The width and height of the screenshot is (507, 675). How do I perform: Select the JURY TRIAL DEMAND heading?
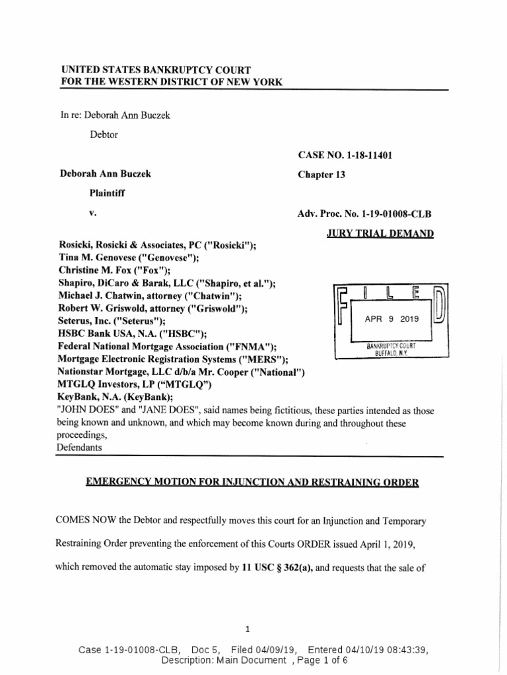pos(380,233)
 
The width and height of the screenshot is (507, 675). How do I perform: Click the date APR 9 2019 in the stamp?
pos(392,318)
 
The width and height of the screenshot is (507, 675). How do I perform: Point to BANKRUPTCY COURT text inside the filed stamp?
pos(392,346)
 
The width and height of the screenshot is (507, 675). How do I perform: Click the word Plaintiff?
pos(108,194)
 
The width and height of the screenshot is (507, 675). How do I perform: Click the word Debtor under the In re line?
pos(104,134)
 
